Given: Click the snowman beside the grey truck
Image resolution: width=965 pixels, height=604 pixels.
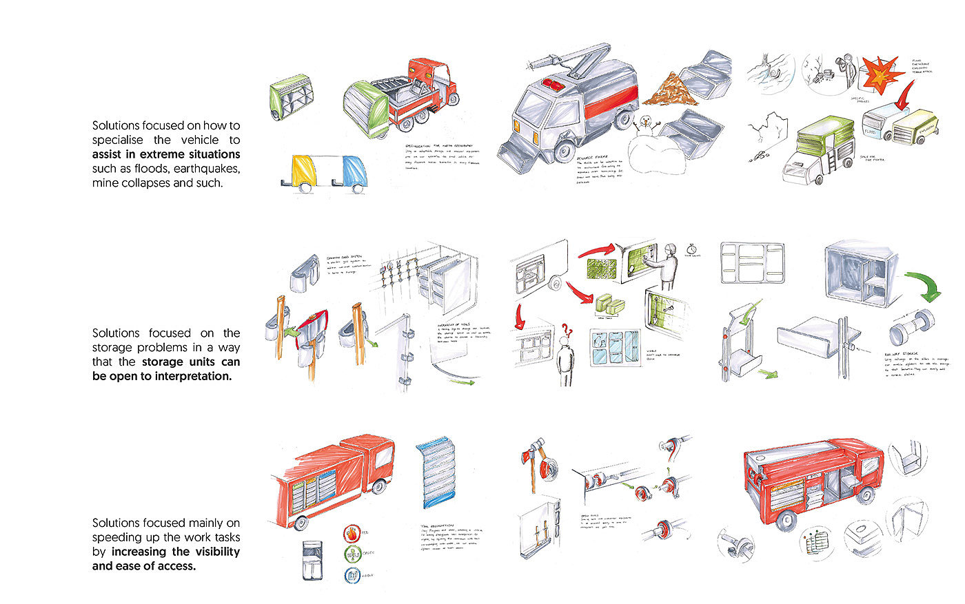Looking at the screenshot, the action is coord(644,126).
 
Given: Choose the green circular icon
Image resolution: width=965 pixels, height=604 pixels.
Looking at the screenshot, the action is coord(352,554).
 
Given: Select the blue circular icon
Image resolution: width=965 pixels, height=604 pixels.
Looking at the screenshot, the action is coord(352,576).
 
